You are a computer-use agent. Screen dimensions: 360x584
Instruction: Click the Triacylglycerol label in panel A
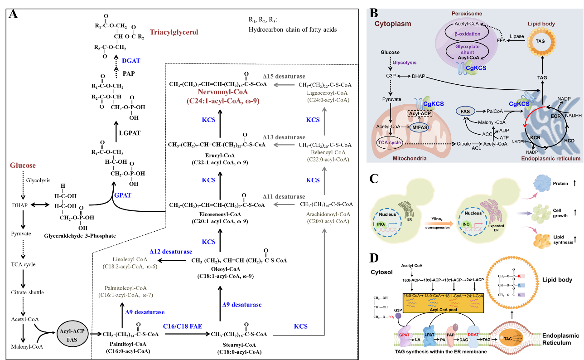[x=174, y=32]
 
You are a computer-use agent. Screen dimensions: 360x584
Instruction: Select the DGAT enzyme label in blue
[x=134, y=61]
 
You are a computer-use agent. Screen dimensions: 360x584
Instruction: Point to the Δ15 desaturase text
[x=284, y=76]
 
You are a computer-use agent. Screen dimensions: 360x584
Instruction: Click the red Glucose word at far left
[x=23, y=165]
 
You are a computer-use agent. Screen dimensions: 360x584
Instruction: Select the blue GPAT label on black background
[x=122, y=195]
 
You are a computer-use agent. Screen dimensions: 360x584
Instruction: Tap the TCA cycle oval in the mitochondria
[x=389, y=142]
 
